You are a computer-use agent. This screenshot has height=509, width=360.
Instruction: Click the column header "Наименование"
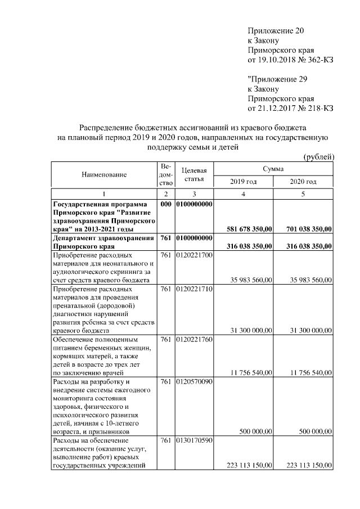click(x=104, y=174)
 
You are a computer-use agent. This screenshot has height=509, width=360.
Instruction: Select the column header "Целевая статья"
click(x=194, y=174)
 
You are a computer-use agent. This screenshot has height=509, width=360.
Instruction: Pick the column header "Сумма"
click(x=273, y=169)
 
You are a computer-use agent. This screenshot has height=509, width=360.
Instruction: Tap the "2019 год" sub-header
click(x=244, y=182)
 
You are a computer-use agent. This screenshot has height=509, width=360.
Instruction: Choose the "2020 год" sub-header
click(x=303, y=182)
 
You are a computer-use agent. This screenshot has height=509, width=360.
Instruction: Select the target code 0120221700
click(x=194, y=256)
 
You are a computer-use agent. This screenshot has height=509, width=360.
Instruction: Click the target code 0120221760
click(x=194, y=340)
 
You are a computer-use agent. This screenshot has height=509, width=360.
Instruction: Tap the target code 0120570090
click(x=194, y=382)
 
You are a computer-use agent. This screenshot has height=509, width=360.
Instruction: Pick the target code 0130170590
click(x=194, y=440)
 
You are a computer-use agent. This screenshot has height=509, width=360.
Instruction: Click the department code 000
click(x=165, y=204)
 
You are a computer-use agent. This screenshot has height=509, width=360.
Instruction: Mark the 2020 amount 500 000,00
click(x=313, y=431)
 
